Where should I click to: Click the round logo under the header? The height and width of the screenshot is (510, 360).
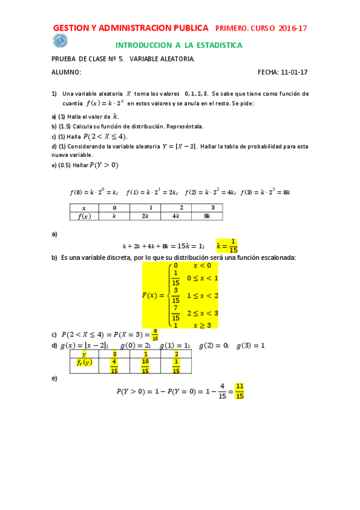(x=60, y=41)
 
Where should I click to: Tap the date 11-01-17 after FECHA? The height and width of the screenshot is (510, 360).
(x=294, y=72)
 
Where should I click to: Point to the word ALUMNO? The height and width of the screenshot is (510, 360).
(x=66, y=72)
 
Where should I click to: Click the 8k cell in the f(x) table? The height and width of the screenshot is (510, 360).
(x=207, y=217)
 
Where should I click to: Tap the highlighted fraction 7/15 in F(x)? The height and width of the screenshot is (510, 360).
(x=175, y=313)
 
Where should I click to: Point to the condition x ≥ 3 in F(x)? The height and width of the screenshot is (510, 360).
(x=204, y=325)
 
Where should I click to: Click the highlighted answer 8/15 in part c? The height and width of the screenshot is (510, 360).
(x=155, y=334)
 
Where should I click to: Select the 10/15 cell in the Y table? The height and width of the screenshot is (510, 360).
(x=145, y=366)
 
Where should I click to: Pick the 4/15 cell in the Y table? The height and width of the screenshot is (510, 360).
(x=114, y=366)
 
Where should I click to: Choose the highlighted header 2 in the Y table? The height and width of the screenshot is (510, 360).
(x=175, y=354)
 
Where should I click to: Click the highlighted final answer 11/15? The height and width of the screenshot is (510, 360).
(x=239, y=391)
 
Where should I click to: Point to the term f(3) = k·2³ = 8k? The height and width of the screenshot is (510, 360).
(x=266, y=192)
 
